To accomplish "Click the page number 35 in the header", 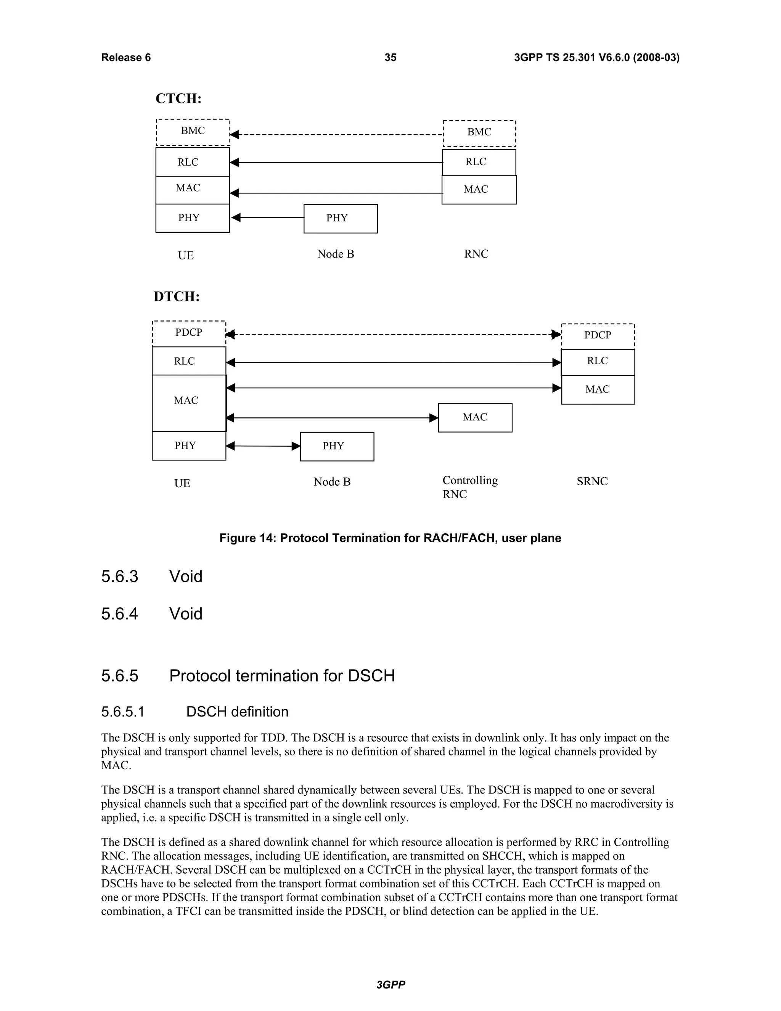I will click(x=390, y=57).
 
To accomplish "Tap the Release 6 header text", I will click(x=126, y=57).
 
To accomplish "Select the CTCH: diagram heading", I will click(x=178, y=98).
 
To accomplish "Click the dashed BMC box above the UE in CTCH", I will click(x=193, y=132).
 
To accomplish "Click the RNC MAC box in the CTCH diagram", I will click(x=479, y=190).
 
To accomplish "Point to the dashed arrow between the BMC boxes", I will click(x=337, y=135).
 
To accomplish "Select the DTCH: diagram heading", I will click(x=177, y=297).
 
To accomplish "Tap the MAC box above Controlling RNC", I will click(x=475, y=417).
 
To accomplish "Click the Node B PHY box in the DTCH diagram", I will click(x=337, y=446).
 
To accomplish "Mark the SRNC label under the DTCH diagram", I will click(x=592, y=481).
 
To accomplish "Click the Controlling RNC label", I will click(x=469, y=487).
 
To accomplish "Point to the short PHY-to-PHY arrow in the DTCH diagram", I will click(x=263, y=446).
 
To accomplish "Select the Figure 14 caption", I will click(x=390, y=538).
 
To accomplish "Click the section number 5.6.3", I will click(x=119, y=577).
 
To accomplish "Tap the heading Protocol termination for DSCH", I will click(x=282, y=676).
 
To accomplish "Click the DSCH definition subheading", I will click(x=237, y=712).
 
